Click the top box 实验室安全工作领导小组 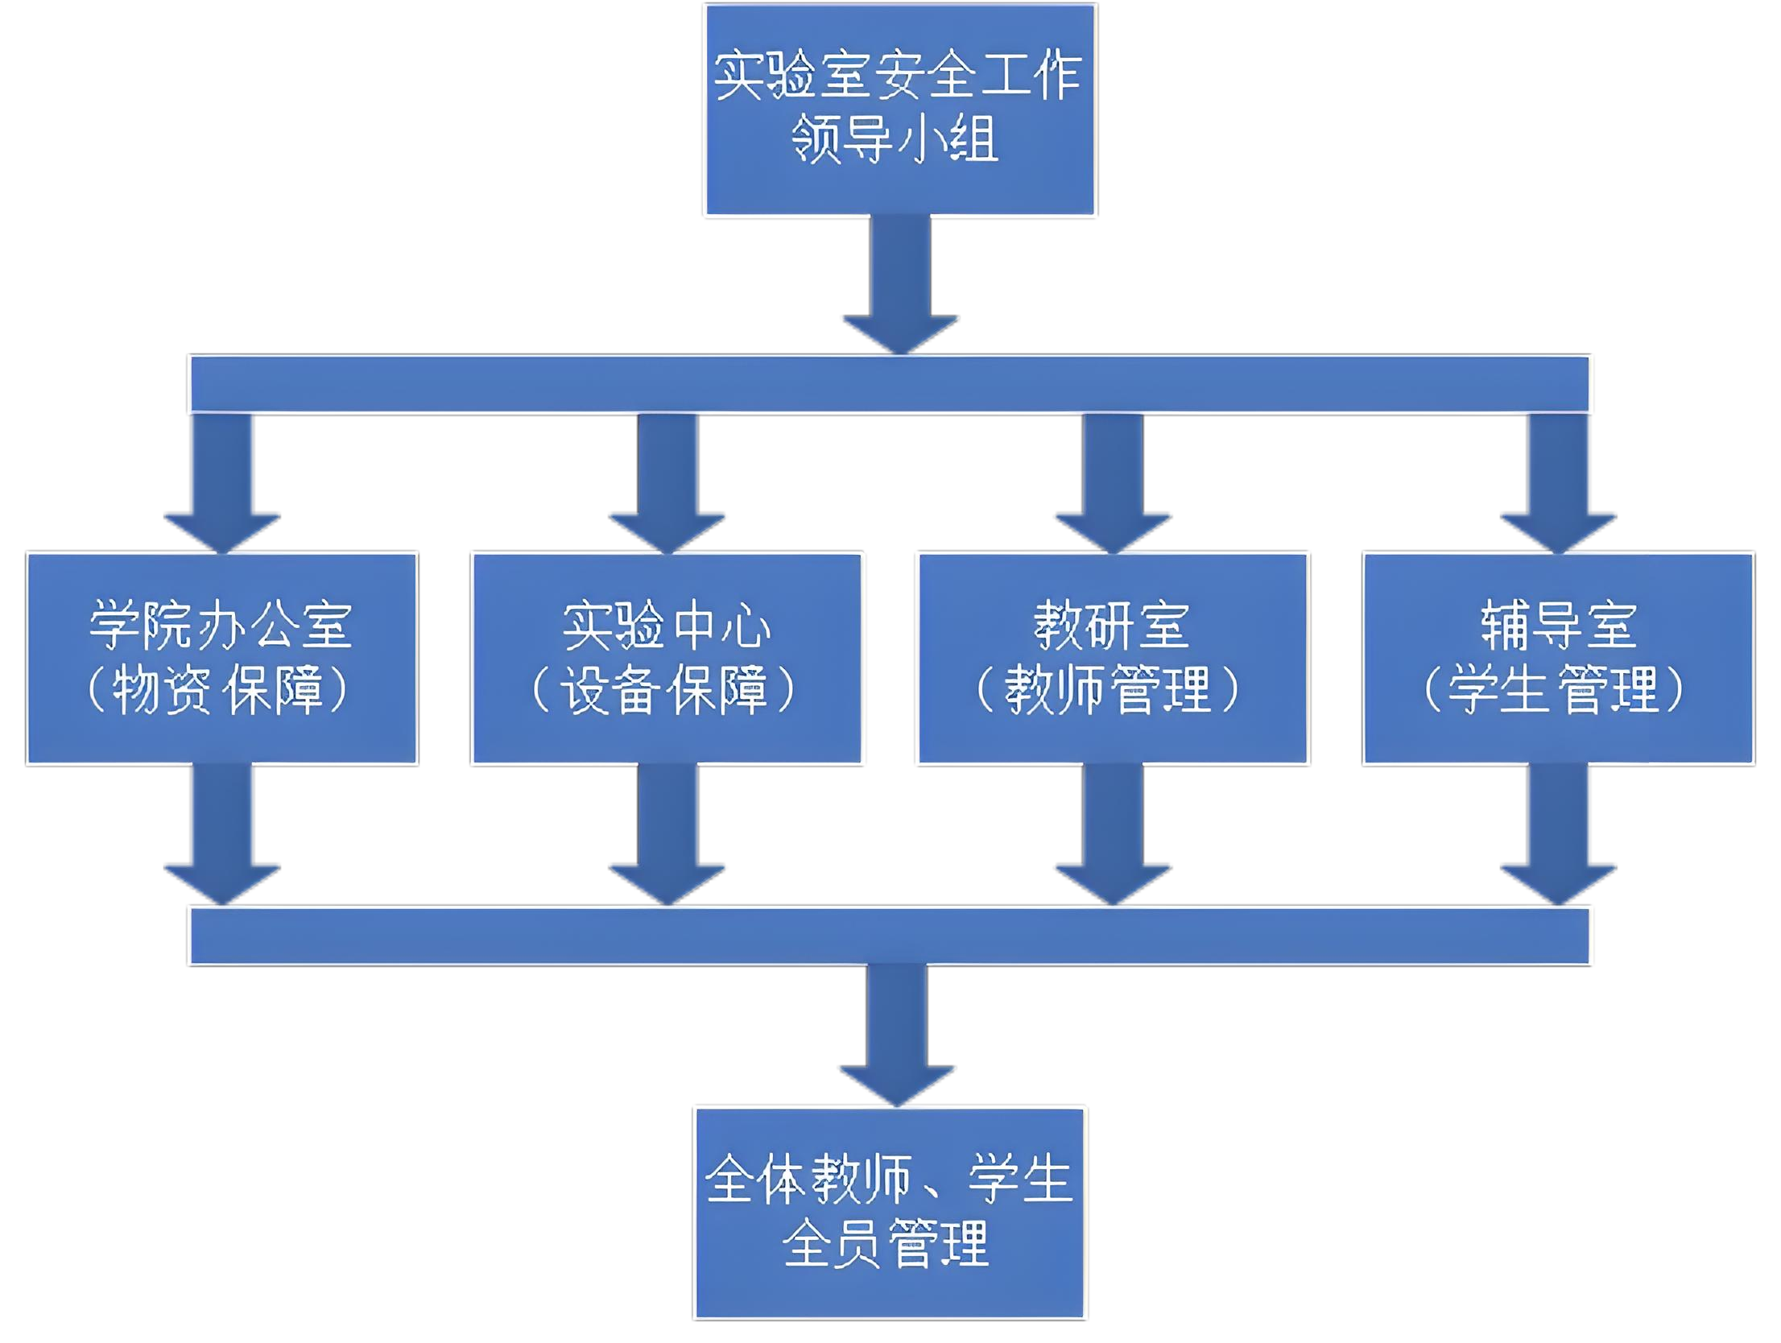point(899,110)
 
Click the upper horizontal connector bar point(890,384)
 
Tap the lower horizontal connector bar point(890,935)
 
